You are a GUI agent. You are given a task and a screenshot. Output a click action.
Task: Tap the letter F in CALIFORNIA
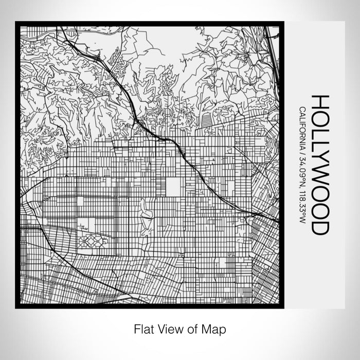tap(301, 125)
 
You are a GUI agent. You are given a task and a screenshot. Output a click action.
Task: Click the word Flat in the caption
tap(143, 328)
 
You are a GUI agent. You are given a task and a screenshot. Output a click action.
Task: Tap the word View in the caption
tap(169, 328)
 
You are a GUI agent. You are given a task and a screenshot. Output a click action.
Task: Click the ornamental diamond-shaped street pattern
tap(93, 240)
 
